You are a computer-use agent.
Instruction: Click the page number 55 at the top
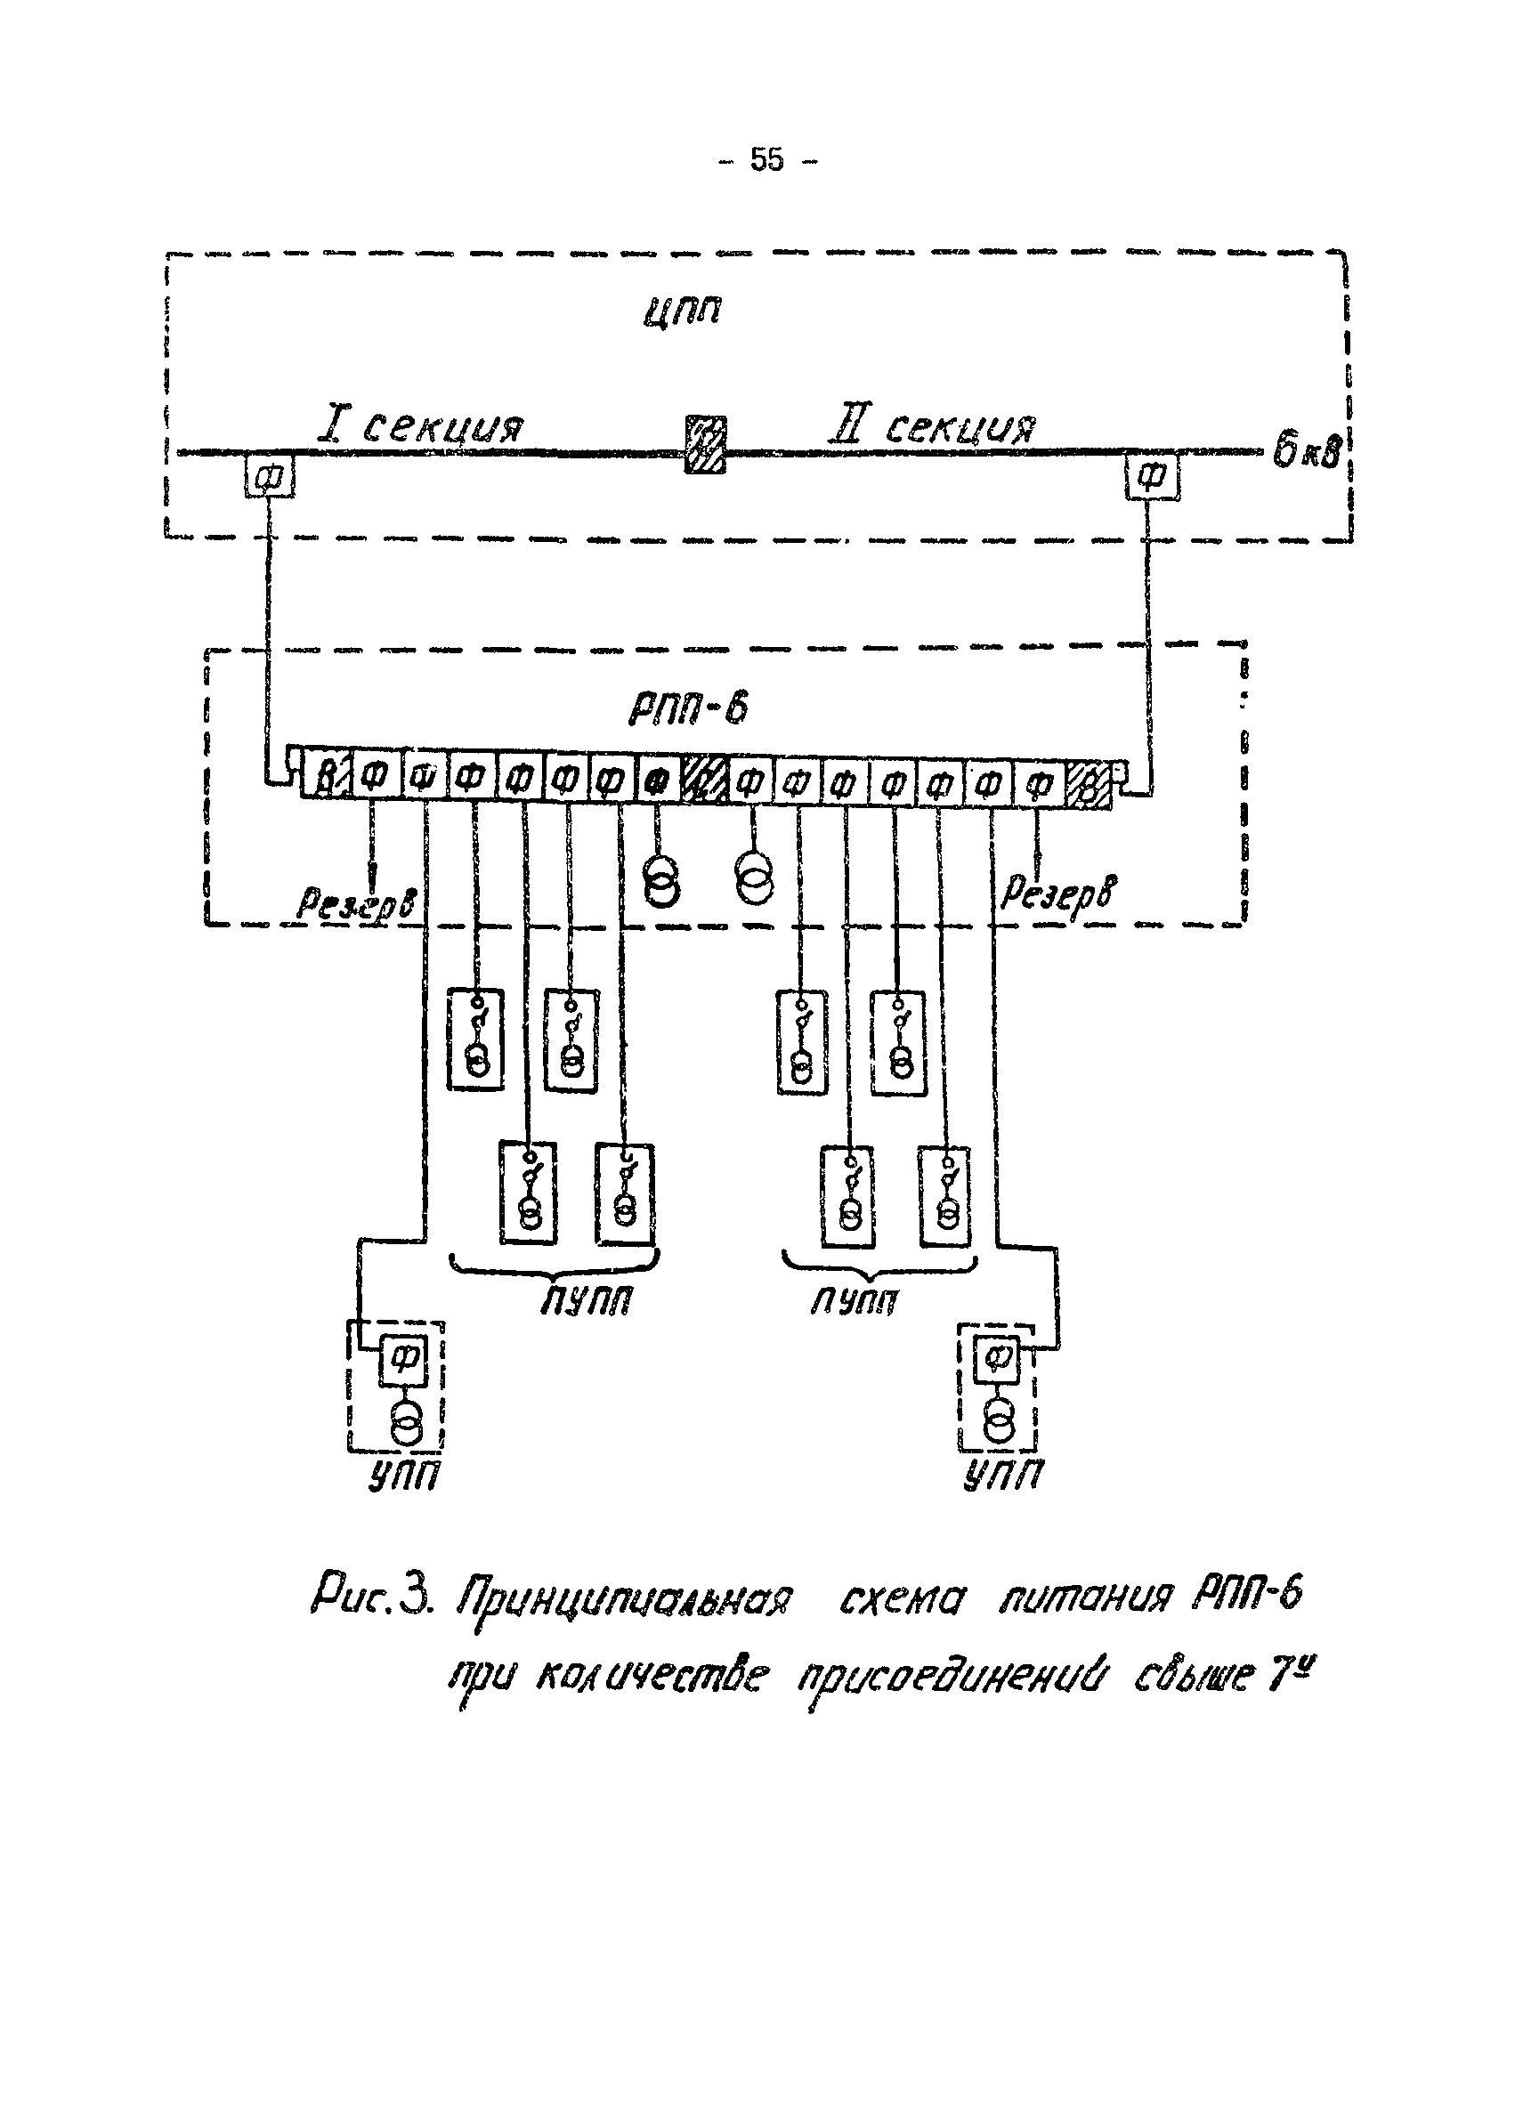click(x=766, y=160)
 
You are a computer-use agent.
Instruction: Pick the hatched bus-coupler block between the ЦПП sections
click(x=705, y=445)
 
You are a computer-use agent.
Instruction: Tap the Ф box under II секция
click(x=1152, y=478)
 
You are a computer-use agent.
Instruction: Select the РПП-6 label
click(x=688, y=709)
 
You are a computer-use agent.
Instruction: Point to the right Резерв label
click(x=1059, y=893)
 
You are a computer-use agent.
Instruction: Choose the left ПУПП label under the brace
click(x=586, y=1302)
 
